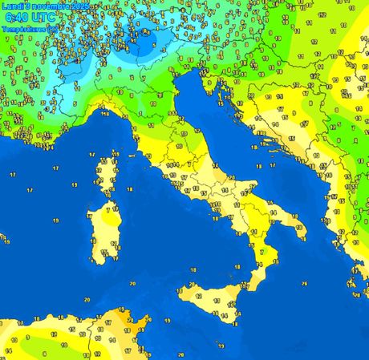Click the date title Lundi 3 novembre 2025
(46, 6)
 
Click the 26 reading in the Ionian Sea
(304, 282)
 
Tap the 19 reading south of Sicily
(221, 346)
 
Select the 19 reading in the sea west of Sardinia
(55, 220)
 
